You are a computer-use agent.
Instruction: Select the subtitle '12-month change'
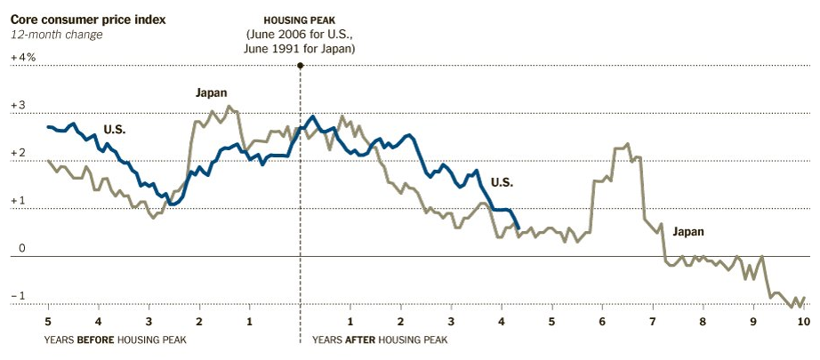56,35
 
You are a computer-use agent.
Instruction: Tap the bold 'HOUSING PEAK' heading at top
300,20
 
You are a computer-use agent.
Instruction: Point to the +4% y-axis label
22,57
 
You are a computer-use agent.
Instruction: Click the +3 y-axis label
19,106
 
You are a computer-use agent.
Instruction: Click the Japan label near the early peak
212,92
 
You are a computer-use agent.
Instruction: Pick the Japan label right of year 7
687,232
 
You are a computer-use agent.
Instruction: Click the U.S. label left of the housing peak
115,130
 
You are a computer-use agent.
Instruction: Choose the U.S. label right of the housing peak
502,182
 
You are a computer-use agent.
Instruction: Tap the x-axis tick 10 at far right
802,321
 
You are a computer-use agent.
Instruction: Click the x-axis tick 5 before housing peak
48,321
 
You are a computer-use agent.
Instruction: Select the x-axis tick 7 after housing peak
653,321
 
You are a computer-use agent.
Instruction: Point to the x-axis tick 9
753,321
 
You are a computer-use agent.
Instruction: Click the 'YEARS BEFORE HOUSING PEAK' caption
115,340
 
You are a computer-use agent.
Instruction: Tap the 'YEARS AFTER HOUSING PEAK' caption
379,340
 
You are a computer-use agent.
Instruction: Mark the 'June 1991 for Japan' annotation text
300,49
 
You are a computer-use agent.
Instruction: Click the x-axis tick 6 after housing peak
602,321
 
